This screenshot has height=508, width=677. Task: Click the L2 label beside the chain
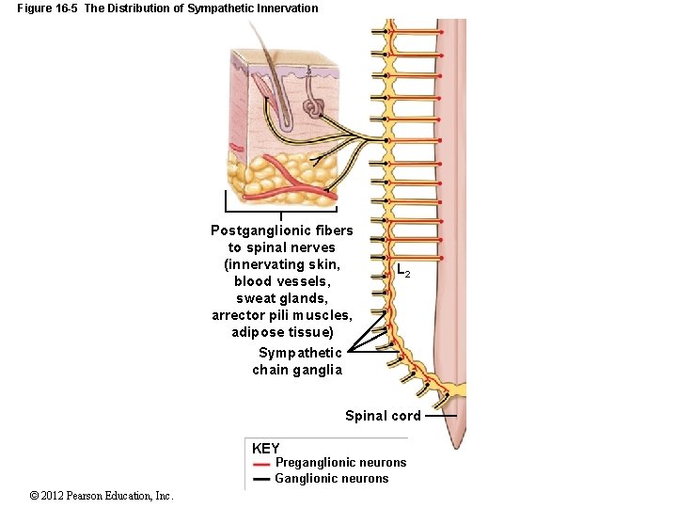tap(401, 272)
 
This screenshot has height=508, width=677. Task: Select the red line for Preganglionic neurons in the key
tap(261, 464)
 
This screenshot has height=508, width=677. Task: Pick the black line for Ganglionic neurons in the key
tap(261, 479)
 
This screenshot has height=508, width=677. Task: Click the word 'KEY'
tap(266, 449)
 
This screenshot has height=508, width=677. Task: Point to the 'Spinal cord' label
tap(382, 416)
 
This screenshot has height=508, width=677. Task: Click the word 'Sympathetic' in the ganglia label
tap(300, 353)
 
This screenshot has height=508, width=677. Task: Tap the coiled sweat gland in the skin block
tap(315, 107)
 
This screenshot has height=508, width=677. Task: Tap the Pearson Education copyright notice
tap(101, 496)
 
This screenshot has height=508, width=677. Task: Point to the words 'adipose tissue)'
tap(282, 332)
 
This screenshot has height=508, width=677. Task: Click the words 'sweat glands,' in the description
tap(281, 298)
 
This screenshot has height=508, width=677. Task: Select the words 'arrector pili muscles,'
tap(282, 315)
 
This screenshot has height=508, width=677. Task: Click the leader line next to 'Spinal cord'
tap(440, 416)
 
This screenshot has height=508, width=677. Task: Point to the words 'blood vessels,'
tap(281, 281)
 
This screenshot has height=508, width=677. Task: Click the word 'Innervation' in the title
tap(285, 8)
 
